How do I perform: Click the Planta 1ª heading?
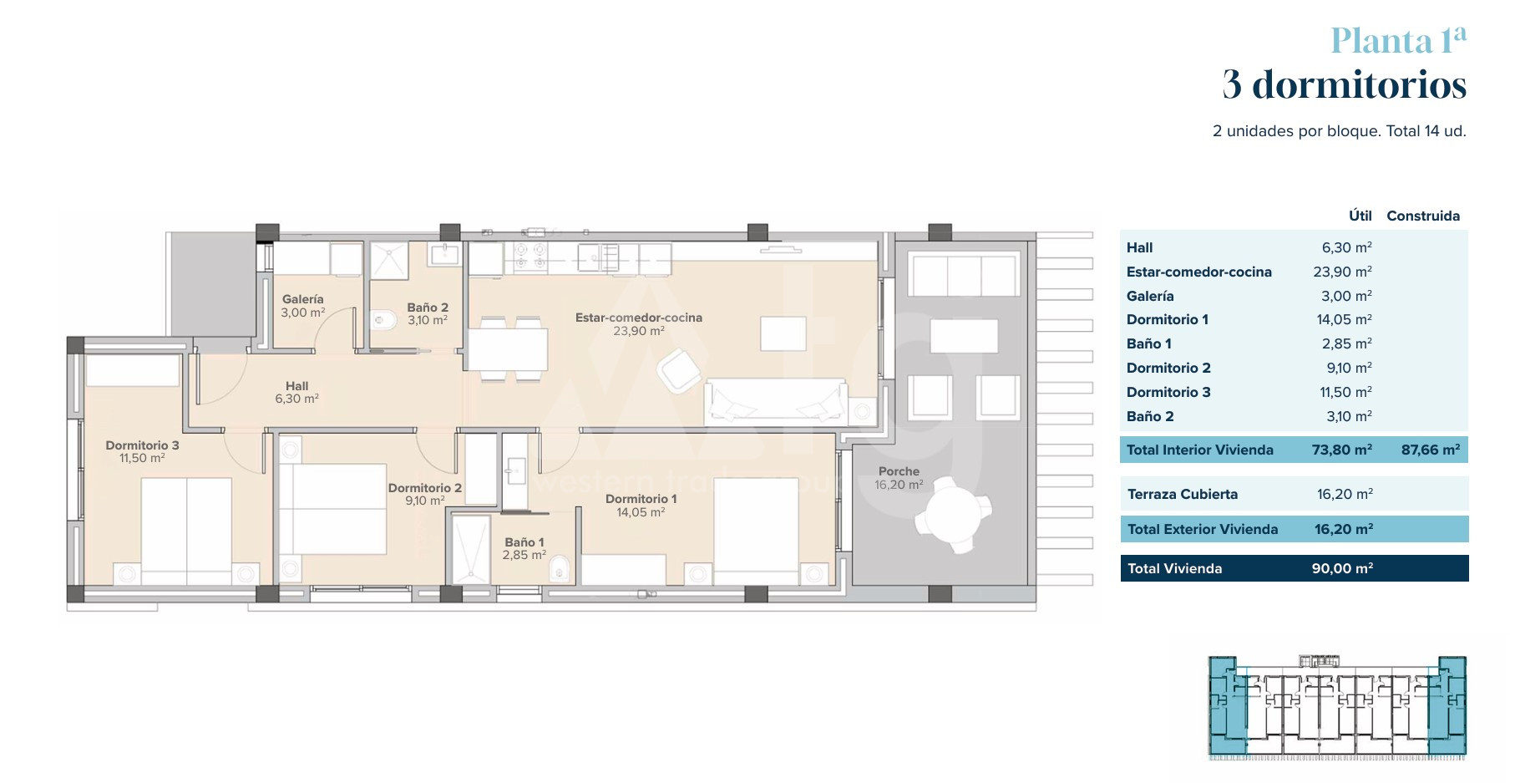click(x=1398, y=40)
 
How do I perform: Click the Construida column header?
click(x=1423, y=216)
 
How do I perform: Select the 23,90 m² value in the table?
click(x=1342, y=272)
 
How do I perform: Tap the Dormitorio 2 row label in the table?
click(x=1168, y=368)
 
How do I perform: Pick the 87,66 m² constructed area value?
click(x=1431, y=450)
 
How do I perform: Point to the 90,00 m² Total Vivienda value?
click(x=1342, y=568)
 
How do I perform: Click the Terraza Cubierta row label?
click(x=1183, y=494)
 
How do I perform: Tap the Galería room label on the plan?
click(x=302, y=298)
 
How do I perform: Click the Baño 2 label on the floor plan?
click(x=428, y=308)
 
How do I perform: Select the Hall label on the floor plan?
click(x=296, y=386)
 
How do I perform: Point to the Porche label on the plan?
click(x=899, y=471)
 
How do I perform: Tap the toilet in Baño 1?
click(x=560, y=569)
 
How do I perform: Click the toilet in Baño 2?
click(x=383, y=319)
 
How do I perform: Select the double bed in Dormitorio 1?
click(x=756, y=531)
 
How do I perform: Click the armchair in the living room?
click(x=679, y=371)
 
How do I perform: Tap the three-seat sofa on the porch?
click(x=965, y=276)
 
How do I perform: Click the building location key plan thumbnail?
click(x=1337, y=707)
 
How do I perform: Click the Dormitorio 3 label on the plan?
click(x=142, y=445)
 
